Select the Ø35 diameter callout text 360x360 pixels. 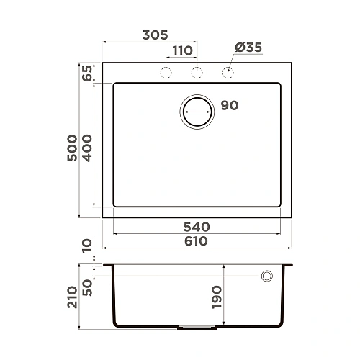[247, 48]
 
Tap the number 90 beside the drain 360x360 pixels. [229, 106]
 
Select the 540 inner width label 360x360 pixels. [196, 226]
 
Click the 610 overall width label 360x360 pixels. [196, 241]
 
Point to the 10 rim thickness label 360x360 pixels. [87, 247]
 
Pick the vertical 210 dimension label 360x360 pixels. [73, 296]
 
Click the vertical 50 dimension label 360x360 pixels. [87, 287]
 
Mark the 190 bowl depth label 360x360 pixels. [217, 296]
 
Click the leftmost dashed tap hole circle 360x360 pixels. [166, 72]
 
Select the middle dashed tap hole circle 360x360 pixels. [197, 72]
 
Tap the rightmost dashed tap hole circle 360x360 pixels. [228, 72]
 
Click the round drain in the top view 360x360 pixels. [197, 112]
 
